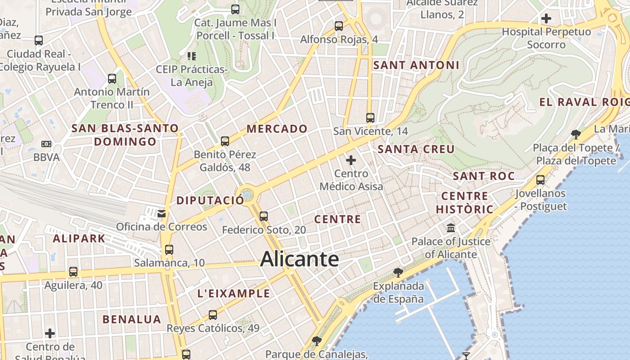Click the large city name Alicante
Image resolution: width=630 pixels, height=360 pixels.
tap(299, 259)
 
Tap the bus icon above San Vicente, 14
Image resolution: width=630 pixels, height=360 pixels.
tap(370, 118)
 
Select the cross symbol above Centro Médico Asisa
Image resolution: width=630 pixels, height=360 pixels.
tap(351, 160)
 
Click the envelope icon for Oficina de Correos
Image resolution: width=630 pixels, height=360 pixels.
tap(162, 213)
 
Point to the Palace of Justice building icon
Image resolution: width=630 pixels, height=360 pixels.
tap(451, 228)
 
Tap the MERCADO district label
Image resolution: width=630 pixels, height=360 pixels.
tap(277, 129)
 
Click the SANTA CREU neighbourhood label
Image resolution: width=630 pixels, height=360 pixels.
tap(416, 149)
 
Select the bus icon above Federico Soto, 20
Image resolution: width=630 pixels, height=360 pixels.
tap(264, 216)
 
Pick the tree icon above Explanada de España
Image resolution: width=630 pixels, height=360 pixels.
tap(398, 272)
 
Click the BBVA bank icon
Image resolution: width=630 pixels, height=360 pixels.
tap(46, 144)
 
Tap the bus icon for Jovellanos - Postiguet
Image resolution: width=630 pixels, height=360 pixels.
tap(540, 180)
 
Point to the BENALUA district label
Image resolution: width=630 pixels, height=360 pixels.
tap(131, 319)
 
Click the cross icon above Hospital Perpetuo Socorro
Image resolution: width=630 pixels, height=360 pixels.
tap(546, 18)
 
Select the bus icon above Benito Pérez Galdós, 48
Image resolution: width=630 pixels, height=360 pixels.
tap(225, 141)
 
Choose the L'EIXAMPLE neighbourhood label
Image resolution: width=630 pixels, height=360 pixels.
tap(234, 294)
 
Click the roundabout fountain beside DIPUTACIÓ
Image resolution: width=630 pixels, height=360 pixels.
tap(247, 195)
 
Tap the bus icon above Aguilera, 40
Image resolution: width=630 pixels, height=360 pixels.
tap(73, 272)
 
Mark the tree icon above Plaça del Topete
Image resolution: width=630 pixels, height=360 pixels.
tap(576, 134)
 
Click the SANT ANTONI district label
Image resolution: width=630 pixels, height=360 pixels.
tap(416, 65)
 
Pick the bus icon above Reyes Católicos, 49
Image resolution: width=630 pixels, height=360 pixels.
tap(213, 315)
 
